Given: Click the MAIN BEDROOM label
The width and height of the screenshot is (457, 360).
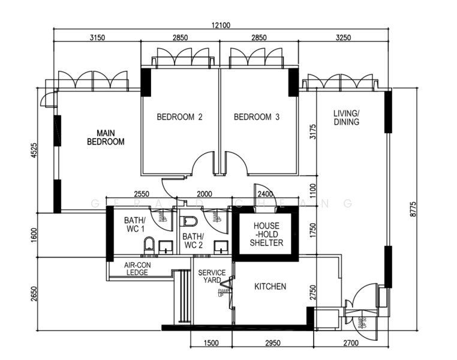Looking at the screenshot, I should click(106, 137).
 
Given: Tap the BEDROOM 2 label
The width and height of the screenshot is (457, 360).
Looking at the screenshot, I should click(179, 117).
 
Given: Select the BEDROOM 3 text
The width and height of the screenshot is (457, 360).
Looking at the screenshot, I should click(257, 117).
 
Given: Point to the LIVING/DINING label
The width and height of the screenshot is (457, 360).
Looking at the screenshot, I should click(347, 118).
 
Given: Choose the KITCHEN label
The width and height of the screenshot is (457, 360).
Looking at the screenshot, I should click(270, 287).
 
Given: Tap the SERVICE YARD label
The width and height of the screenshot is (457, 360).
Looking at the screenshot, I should click(212, 277).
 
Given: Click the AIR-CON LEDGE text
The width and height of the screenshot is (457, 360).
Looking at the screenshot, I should click(136, 268).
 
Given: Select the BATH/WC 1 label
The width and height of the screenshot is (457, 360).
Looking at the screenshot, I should click(135, 224).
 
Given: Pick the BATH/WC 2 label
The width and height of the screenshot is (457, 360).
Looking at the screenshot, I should click(193, 241).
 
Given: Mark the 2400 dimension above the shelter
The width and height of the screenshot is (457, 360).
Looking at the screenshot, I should click(264, 194).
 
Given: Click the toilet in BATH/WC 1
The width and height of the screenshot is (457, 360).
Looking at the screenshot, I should click(149, 245).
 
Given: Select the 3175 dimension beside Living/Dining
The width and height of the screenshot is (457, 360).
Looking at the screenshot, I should click(312, 132).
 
